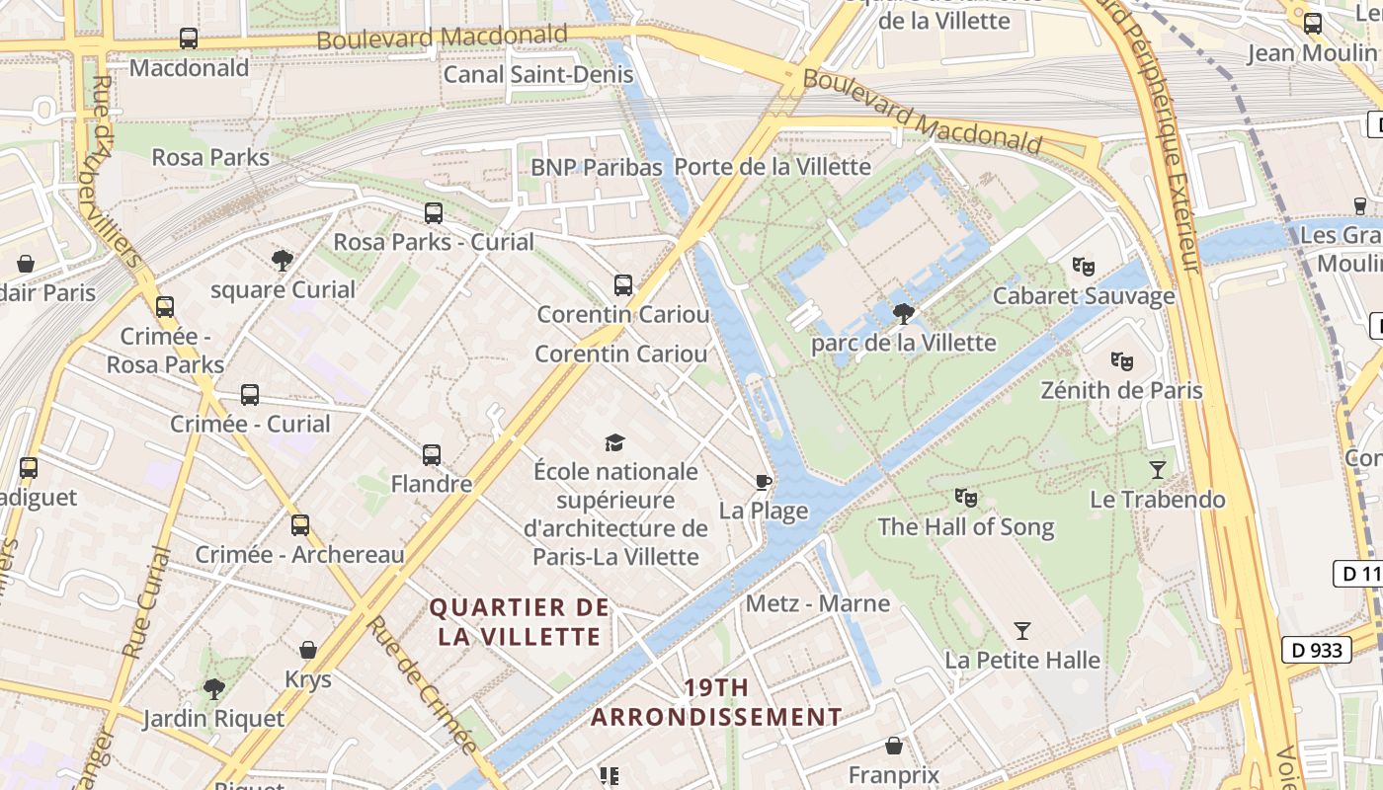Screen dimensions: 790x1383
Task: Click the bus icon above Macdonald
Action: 189,39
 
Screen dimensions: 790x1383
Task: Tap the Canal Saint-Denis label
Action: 537,74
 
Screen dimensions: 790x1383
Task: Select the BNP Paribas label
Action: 596,167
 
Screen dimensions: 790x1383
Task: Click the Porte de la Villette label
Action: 773,167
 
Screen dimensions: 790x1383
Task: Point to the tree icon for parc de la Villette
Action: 902,314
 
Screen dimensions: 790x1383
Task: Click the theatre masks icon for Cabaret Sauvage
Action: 1084,266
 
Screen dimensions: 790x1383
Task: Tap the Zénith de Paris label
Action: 1121,390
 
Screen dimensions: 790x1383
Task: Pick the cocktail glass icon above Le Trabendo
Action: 1158,469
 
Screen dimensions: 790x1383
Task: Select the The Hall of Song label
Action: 966,527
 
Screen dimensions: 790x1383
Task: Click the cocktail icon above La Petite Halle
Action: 1022,630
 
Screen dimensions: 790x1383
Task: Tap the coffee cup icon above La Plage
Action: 763,482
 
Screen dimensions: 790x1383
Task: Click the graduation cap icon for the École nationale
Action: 615,441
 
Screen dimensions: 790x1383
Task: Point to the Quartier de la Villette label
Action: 520,621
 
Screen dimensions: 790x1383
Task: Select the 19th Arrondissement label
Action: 716,702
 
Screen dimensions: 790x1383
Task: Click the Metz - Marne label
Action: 818,603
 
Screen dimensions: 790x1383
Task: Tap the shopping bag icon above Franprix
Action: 894,746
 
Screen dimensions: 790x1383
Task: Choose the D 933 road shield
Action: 1318,650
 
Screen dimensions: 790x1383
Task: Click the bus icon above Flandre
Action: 432,455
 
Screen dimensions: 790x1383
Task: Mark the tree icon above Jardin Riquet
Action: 213,689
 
